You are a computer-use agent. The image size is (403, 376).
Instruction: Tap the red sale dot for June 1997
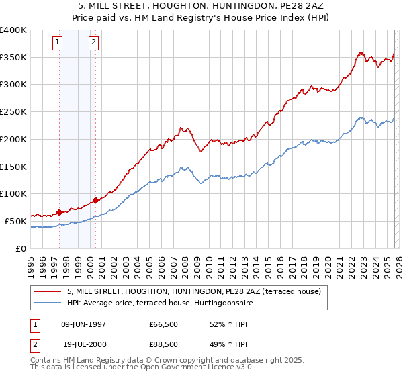coord(59,212)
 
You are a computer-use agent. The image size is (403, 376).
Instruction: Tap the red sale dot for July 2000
coord(96,200)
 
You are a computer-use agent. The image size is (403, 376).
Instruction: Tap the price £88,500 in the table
coord(164,344)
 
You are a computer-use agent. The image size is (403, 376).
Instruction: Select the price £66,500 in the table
coord(164,324)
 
